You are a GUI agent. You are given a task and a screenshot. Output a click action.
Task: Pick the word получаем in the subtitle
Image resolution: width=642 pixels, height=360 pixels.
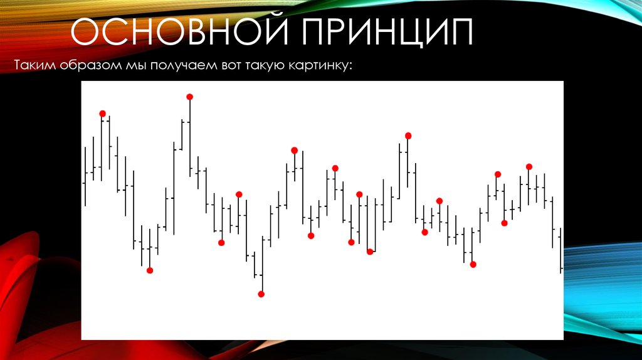click(182, 65)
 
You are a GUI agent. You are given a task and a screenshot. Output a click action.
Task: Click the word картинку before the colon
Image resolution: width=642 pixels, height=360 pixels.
click(321, 65)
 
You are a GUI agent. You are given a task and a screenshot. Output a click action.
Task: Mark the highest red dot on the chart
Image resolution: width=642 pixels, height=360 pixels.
click(189, 97)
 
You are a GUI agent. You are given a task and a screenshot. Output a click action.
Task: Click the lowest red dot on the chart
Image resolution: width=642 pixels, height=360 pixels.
click(261, 294)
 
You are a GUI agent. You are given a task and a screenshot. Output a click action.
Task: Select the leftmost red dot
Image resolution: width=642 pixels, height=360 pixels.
click(102, 114)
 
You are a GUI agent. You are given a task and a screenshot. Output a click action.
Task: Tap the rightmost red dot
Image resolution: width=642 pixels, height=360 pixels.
click(529, 166)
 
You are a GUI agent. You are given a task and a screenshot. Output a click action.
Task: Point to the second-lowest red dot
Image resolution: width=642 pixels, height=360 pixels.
click(150, 270)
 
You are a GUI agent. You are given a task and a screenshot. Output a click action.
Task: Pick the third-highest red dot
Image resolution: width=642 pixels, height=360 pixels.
click(408, 135)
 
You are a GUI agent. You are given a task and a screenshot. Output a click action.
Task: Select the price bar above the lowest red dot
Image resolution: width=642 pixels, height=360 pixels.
click(262, 263)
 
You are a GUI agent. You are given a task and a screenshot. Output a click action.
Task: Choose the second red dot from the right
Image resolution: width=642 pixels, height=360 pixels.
click(504, 223)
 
